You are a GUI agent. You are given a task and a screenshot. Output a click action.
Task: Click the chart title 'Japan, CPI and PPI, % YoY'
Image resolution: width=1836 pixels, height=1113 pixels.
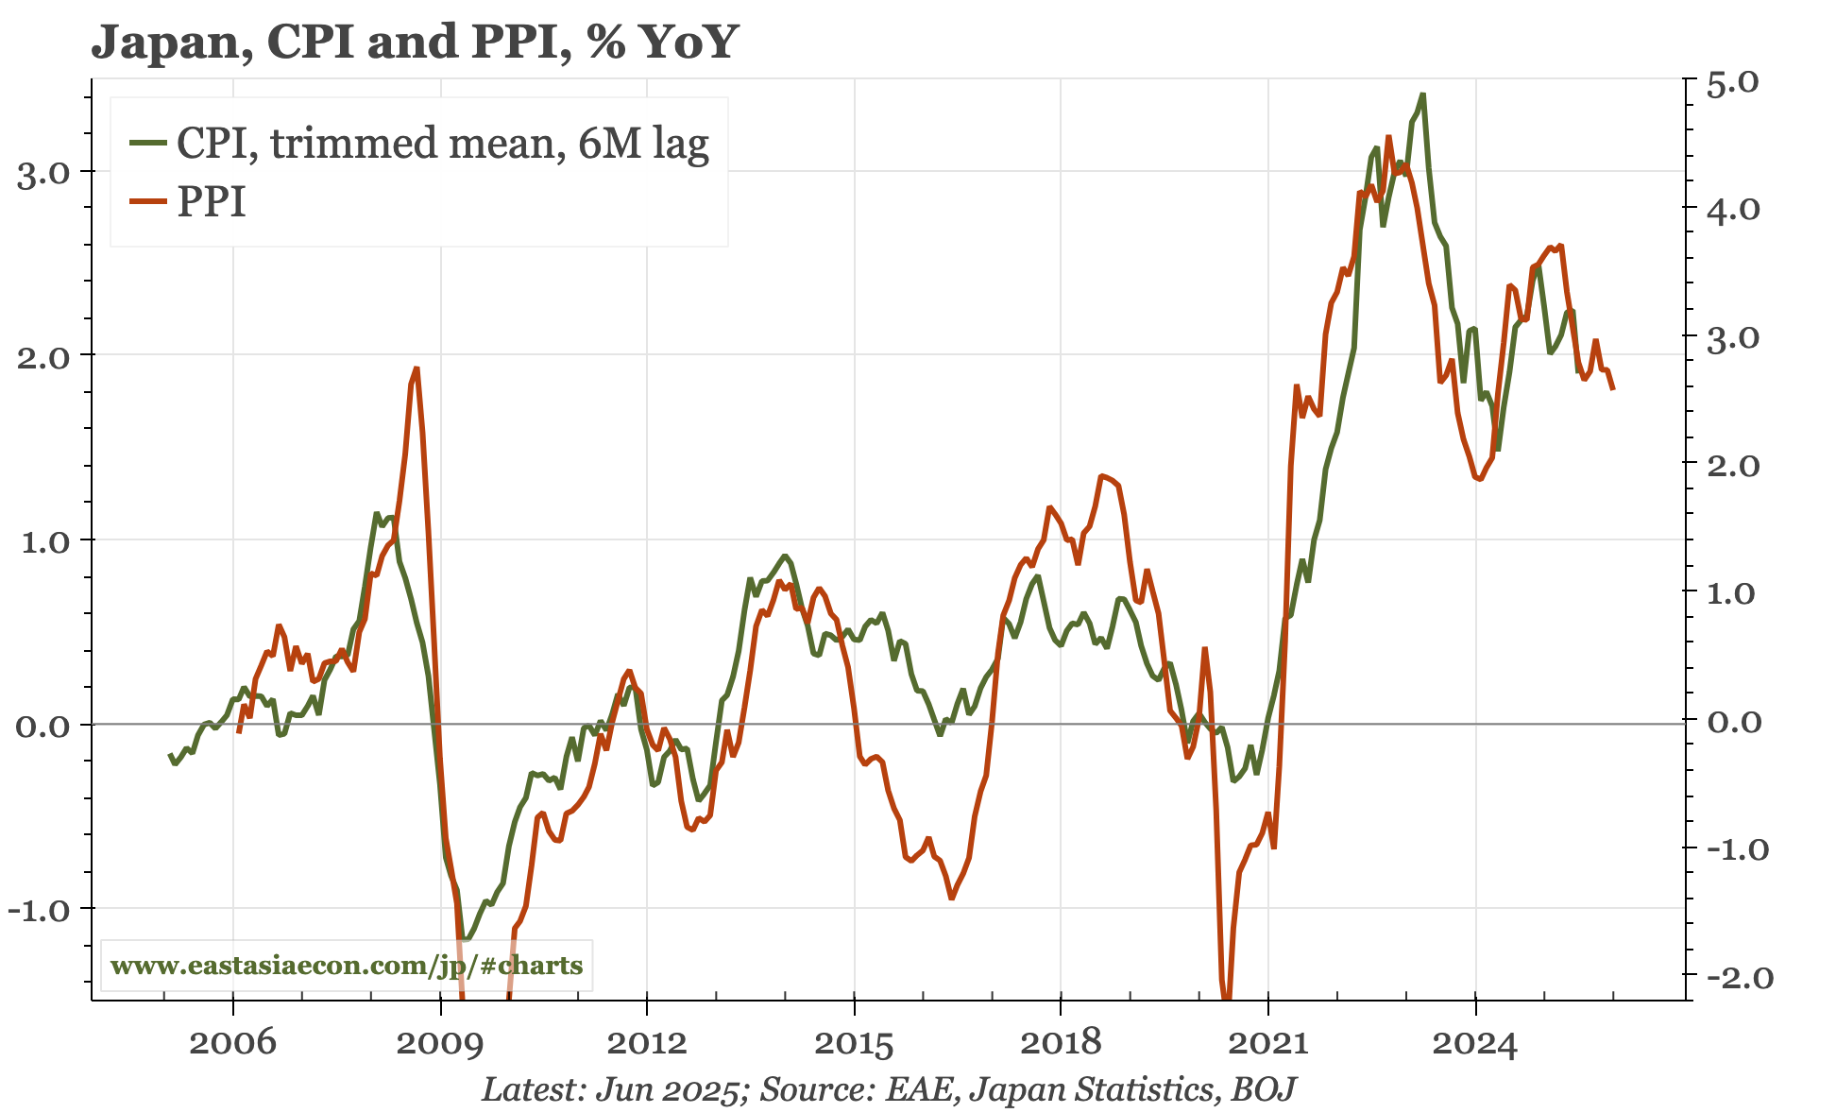point(413,42)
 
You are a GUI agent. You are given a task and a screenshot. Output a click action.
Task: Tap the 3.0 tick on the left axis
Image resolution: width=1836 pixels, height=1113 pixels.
point(43,174)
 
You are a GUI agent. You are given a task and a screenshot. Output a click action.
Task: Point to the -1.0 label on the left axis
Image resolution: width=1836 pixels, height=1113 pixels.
point(40,911)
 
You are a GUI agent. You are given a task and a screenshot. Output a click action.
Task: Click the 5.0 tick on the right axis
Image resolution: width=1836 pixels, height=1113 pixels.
point(1733,83)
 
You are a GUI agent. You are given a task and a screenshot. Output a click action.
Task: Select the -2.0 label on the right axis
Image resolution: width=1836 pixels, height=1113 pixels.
point(1733,978)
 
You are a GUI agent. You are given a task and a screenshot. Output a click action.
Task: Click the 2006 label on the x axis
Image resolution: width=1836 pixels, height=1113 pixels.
point(232,1044)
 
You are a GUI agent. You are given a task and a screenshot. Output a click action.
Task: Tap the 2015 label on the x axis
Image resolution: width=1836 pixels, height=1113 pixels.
point(853,1044)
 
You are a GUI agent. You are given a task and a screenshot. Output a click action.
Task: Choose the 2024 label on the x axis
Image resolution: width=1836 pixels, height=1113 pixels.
point(1474,1044)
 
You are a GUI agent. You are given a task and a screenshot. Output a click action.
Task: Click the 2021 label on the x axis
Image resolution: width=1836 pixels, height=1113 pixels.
point(1267,1044)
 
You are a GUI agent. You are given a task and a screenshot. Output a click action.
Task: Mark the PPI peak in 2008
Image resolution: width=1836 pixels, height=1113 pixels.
point(416,368)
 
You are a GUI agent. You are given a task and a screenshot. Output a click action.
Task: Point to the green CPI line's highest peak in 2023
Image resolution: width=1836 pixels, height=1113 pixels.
point(1423,94)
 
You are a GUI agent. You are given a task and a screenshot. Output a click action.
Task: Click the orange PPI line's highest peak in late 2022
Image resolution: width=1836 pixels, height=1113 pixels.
point(1388,137)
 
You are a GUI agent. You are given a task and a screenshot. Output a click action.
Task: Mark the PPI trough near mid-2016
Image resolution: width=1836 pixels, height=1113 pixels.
point(952,898)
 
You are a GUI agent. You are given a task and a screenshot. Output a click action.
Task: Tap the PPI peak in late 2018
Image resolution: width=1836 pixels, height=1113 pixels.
point(1102,475)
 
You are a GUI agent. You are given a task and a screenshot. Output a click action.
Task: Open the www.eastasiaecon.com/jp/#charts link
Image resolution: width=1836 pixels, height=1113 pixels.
point(347,966)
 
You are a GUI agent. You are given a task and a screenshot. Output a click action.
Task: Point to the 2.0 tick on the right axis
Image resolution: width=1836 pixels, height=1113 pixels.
point(1733,466)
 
